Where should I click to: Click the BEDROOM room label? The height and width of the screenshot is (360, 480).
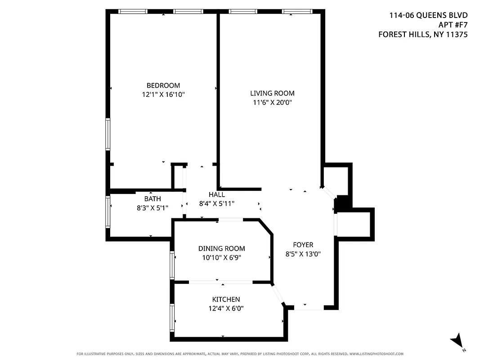tap(163, 85)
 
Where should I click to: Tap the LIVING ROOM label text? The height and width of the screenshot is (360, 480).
tap(272, 93)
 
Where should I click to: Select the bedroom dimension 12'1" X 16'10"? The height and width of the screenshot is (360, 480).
tap(163, 94)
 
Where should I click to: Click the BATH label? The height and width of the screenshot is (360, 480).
tap(152, 198)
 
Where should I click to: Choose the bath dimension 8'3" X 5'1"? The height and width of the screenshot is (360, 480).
tap(152, 208)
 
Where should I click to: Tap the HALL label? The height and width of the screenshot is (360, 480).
tap(216, 194)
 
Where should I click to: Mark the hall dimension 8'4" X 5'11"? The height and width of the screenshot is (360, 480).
tap(216, 203)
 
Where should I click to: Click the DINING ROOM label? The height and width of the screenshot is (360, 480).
tap(222, 248)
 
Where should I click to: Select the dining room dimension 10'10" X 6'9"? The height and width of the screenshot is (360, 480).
tap(222, 258)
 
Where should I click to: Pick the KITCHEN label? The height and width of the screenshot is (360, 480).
tap(226, 299)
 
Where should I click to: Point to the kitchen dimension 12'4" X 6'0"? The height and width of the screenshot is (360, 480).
tap(226, 308)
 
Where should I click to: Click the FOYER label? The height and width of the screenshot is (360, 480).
tap(303, 245)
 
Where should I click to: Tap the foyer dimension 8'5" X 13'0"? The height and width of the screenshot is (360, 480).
tap(303, 254)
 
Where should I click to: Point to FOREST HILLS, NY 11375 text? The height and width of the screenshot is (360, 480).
tap(423, 34)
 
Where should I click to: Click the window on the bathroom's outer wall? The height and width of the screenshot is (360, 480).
tap(108, 211)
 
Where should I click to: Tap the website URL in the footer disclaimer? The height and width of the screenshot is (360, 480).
tap(376, 354)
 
